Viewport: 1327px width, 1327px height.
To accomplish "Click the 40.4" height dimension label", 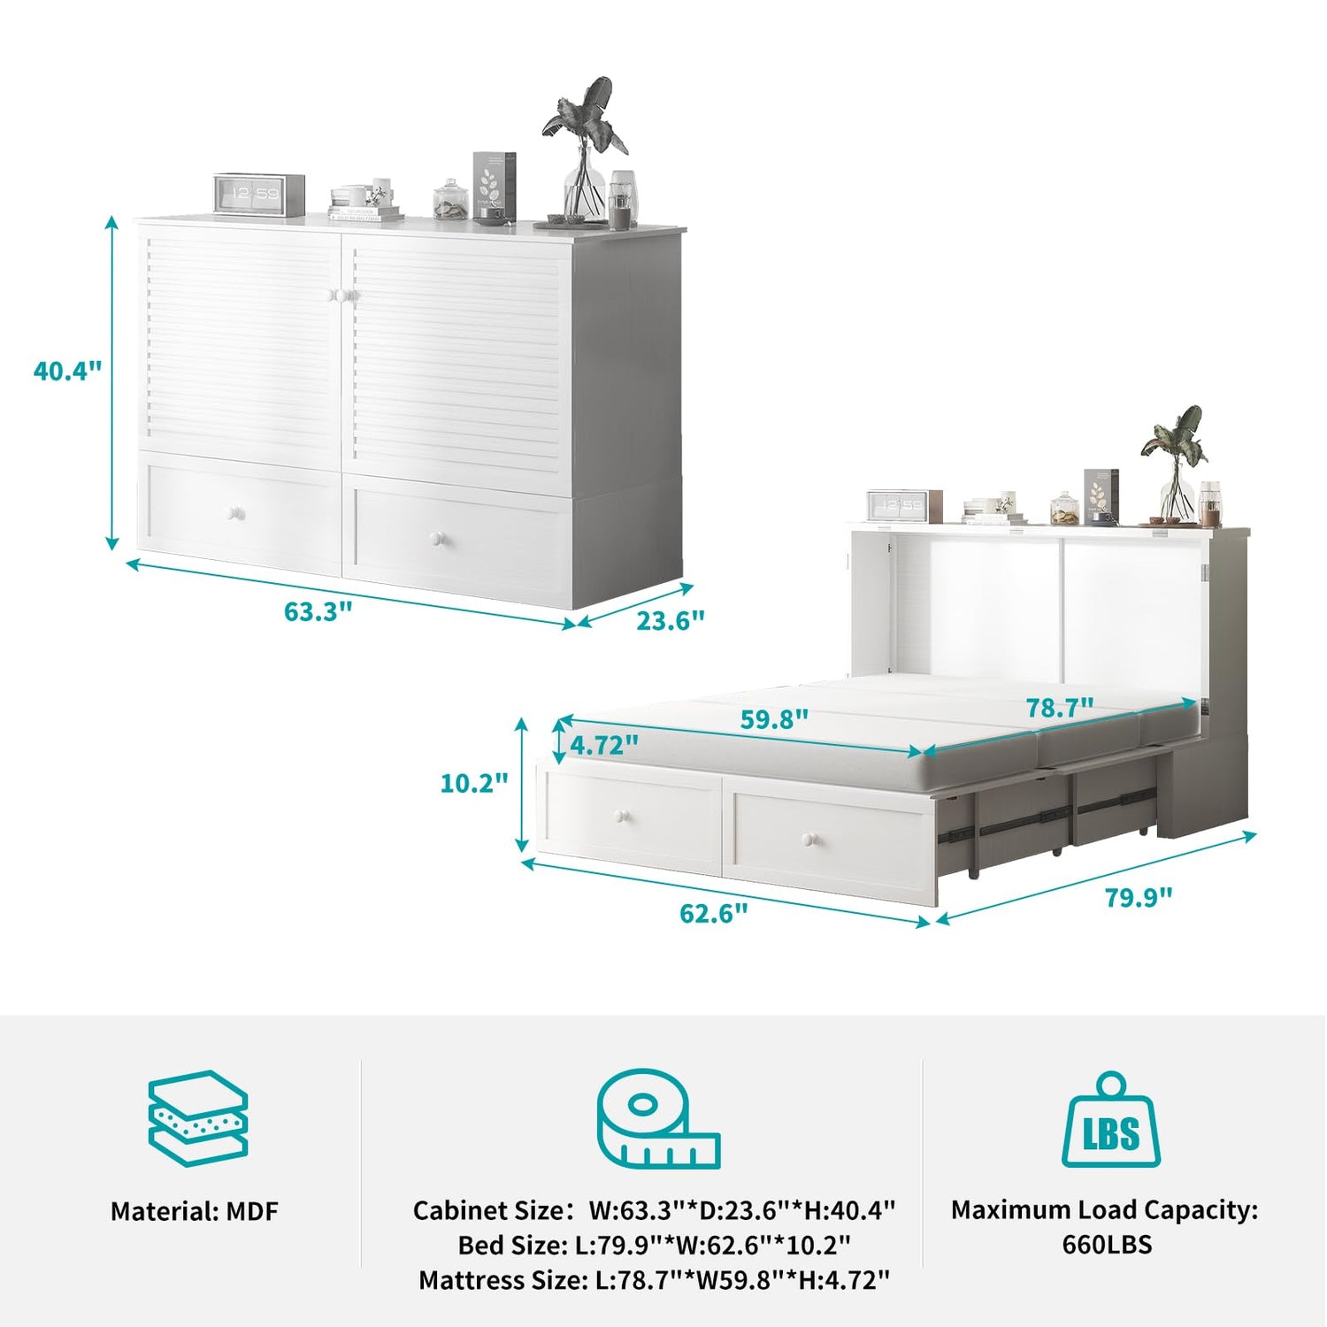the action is tap(68, 371).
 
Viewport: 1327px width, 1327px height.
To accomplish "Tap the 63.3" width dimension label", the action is tap(318, 611).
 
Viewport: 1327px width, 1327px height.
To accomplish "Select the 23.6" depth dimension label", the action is tap(671, 621).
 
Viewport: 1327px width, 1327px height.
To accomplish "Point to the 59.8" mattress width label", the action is tap(774, 719).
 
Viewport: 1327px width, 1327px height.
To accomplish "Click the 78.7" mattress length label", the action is tap(1060, 708).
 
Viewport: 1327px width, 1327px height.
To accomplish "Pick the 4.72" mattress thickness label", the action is tap(604, 746).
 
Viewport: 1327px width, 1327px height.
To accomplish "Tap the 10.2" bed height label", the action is tap(475, 783).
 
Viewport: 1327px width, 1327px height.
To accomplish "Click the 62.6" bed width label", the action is tap(714, 913).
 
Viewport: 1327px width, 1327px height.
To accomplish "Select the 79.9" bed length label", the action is tap(1139, 897).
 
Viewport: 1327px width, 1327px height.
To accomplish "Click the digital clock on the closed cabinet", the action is tap(259, 194).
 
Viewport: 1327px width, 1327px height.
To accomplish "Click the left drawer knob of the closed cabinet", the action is tap(235, 514).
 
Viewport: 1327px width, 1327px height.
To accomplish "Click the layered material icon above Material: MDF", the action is tap(197, 1118).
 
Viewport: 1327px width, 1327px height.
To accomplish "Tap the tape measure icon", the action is tap(658, 1119).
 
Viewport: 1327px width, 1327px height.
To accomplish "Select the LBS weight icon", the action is tap(1111, 1120).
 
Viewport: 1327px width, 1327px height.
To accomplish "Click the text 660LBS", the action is tap(1107, 1245).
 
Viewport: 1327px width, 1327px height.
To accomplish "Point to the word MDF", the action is tap(252, 1211).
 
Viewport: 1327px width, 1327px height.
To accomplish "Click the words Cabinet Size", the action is tap(487, 1210).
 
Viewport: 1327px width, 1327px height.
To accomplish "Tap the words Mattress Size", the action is tap(499, 1280).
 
